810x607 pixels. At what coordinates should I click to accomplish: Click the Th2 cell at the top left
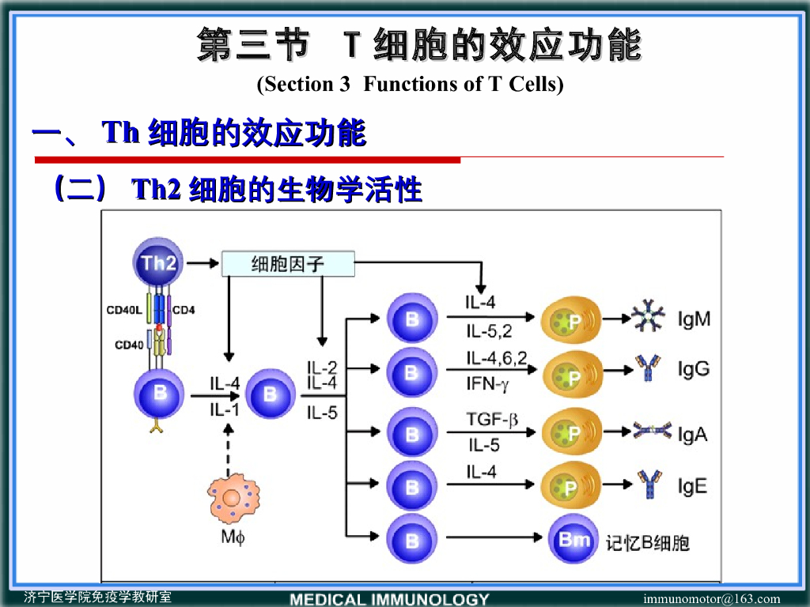pyautogui.click(x=158, y=263)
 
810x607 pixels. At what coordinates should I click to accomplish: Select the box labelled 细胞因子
pyautogui.click(x=288, y=264)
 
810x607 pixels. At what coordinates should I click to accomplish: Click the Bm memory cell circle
pyautogui.click(x=574, y=541)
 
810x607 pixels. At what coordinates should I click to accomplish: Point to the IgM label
pyautogui.click(x=694, y=319)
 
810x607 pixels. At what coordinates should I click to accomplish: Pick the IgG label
pyautogui.click(x=694, y=369)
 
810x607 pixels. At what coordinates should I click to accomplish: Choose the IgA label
pyautogui.click(x=692, y=434)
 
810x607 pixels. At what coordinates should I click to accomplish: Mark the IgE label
pyautogui.click(x=692, y=485)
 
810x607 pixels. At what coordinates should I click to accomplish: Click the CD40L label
pyautogui.click(x=124, y=310)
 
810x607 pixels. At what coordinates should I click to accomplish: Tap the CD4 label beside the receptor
pyautogui.click(x=184, y=310)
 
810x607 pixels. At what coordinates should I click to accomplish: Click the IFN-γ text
pyautogui.click(x=488, y=385)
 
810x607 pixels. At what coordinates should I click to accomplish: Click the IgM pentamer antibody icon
pyautogui.click(x=648, y=317)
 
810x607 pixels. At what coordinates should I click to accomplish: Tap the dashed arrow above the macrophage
pyautogui.click(x=229, y=448)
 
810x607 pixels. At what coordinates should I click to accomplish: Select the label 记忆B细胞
pyautogui.click(x=647, y=542)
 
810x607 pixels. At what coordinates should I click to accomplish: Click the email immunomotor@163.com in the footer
pyautogui.click(x=711, y=599)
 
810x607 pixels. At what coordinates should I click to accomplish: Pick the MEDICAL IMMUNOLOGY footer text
pyautogui.click(x=390, y=599)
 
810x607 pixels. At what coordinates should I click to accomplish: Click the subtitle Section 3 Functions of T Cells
pyautogui.click(x=410, y=84)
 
